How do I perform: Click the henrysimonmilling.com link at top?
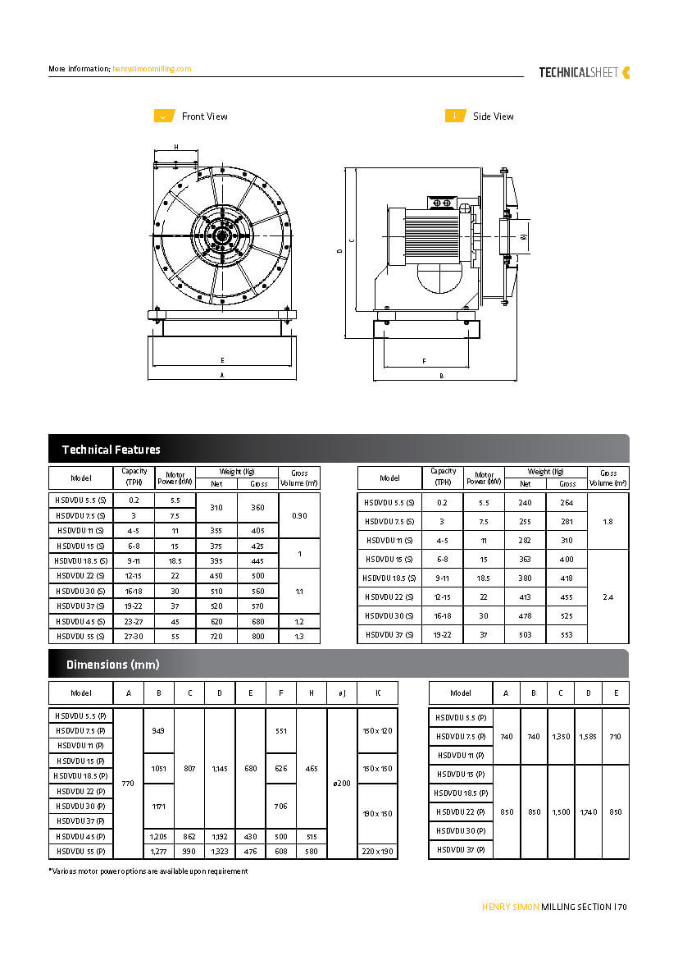pyautogui.click(x=152, y=69)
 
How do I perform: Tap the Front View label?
pyautogui.click(x=204, y=117)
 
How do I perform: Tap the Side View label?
pyautogui.click(x=493, y=117)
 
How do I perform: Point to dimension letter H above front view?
pyautogui.click(x=176, y=147)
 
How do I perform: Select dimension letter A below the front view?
pyautogui.click(x=221, y=376)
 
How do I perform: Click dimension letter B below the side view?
pyautogui.click(x=441, y=376)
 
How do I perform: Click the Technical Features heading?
pyautogui.click(x=111, y=450)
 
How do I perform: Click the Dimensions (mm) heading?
pyautogui.click(x=112, y=665)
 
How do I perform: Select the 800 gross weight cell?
pyautogui.click(x=258, y=636)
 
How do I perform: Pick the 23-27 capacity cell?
pyautogui.click(x=134, y=621)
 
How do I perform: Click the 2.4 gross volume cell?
pyautogui.click(x=607, y=597)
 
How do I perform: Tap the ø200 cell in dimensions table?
pyautogui.click(x=342, y=784)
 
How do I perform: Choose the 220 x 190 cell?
pyautogui.click(x=377, y=852)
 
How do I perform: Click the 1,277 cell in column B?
pyautogui.click(x=158, y=852)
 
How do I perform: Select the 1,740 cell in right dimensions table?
pyautogui.click(x=588, y=811)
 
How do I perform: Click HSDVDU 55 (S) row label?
pyautogui.click(x=80, y=636)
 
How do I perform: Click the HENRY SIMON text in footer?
pyautogui.click(x=510, y=907)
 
